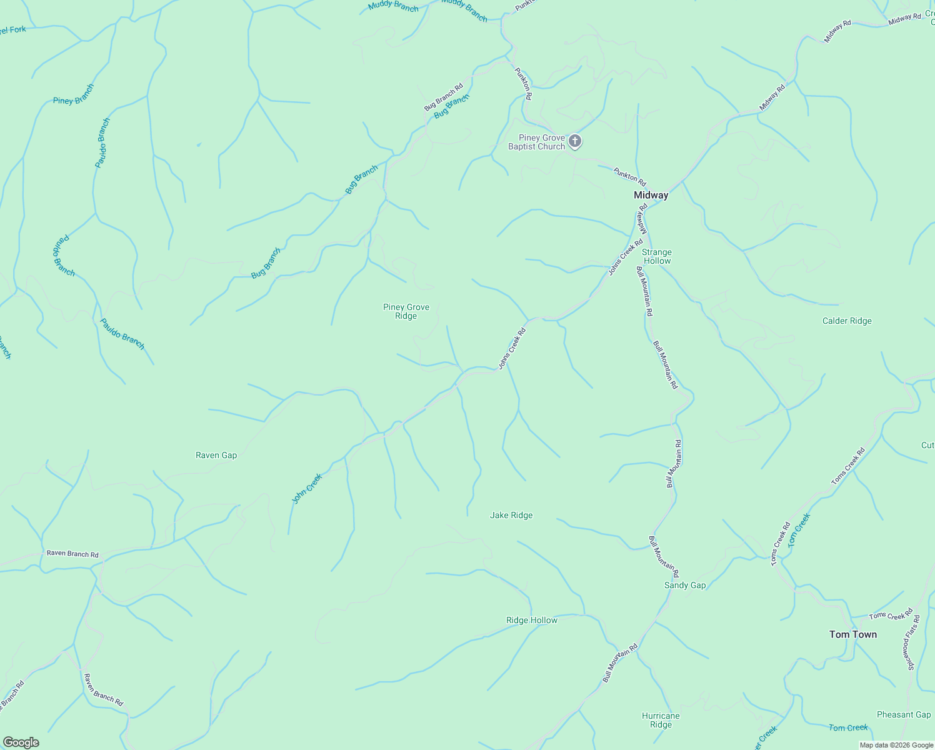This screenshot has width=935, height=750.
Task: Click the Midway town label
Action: [x=651, y=195]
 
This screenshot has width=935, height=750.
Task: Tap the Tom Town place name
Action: [x=852, y=634]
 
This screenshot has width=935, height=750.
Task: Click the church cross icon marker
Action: [x=575, y=141]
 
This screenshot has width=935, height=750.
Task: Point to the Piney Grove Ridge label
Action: [x=406, y=311]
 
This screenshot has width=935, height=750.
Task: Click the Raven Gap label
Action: [x=216, y=455]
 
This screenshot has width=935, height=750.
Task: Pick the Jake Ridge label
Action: [x=511, y=515]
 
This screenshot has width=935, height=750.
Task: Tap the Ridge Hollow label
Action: [x=531, y=620]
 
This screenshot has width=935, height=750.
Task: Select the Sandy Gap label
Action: [x=684, y=585]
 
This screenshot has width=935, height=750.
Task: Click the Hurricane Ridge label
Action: [x=661, y=720]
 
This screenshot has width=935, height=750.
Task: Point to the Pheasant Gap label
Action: [x=904, y=714]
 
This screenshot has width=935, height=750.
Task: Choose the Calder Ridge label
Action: [x=847, y=321]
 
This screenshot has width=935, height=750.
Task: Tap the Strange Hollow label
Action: [x=656, y=256]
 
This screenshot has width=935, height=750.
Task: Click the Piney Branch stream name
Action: [x=73, y=94]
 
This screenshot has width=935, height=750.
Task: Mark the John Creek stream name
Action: [x=307, y=489]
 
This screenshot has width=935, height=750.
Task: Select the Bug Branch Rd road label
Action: [x=443, y=97]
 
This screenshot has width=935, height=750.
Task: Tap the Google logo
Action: [x=21, y=742]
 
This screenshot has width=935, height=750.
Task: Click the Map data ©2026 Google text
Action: [x=895, y=745]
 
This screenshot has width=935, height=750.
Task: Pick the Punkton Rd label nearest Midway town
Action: [x=629, y=174]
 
